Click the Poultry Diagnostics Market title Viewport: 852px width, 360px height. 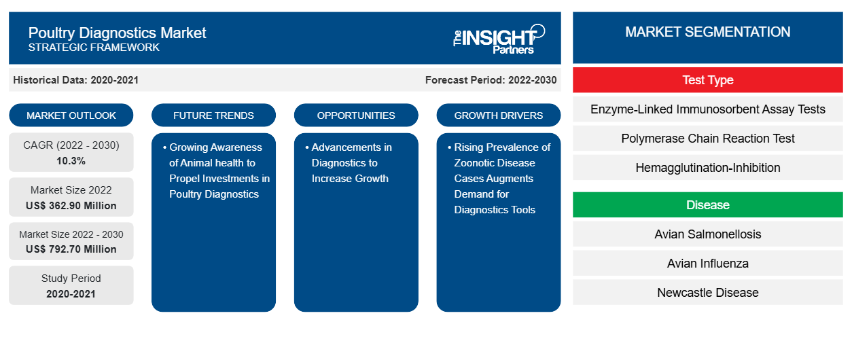[x=117, y=33]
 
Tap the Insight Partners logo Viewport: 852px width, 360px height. [x=499, y=38]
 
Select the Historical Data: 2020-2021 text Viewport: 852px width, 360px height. [x=75, y=80]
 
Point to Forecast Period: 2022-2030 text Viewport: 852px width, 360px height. [x=491, y=80]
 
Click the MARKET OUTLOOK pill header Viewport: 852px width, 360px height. [x=71, y=115]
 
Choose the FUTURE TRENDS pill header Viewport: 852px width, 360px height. [x=213, y=115]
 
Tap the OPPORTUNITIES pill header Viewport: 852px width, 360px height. [x=356, y=115]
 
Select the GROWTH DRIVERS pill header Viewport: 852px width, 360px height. [x=499, y=115]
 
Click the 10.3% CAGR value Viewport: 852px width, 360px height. [x=71, y=161]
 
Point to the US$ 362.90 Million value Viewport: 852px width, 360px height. [x=71, y=206]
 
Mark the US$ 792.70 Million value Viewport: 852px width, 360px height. [x=71, y=249]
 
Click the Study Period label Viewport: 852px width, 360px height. [x=71, y=278]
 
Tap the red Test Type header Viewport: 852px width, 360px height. [x=707, y=80]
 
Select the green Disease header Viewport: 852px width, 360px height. [x=707, y=205]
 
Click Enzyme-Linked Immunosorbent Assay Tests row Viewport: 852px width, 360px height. [x=707, y=109]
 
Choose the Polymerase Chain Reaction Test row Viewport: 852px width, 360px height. [x=707, y=139]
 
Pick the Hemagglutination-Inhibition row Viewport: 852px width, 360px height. [x=707, y=168]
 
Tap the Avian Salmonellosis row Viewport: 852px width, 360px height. [x=707, y=234]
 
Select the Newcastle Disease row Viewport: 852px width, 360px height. [x=707, y=293]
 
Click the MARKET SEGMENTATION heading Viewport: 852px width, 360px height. [x=707, y=32]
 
